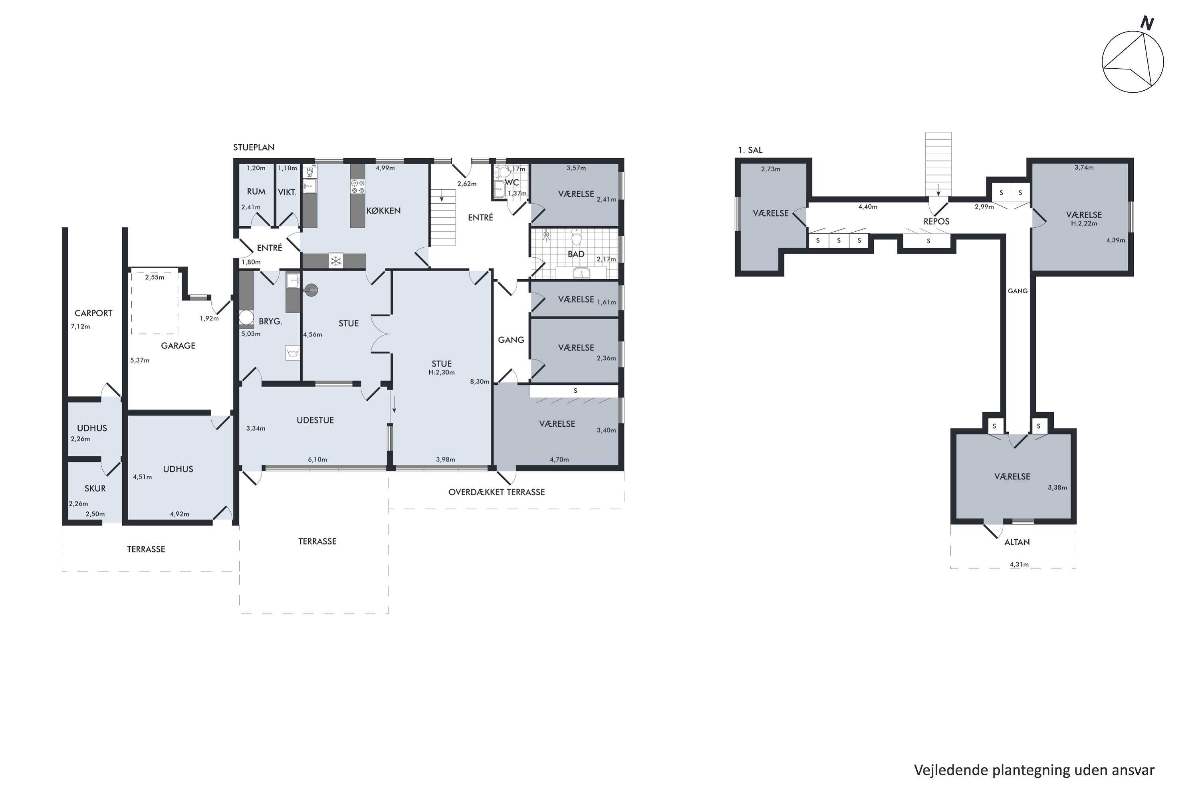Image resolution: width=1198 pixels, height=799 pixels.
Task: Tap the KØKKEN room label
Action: coord(383,211)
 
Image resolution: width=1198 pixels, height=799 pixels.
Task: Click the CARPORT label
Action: coord(93,313)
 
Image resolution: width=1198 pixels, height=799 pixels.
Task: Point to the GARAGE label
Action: coord(178,346)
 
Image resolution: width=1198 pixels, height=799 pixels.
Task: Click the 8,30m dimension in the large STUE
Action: coord(479,381)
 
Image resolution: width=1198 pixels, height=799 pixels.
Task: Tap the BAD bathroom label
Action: coord(576,254)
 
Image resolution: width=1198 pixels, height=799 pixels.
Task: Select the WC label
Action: coord(512,183)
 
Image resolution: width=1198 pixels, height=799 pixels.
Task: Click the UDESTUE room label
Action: coord(315,420)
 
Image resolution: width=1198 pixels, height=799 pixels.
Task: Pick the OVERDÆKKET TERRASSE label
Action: coord(497,492)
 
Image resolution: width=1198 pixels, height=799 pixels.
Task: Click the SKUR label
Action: coord(95,488)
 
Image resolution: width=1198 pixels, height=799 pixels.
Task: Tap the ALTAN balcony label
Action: coord(1017,542)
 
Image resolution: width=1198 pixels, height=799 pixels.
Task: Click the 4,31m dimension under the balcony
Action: coord(1019,564)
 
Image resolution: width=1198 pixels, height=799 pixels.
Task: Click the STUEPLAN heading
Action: coord(254,147)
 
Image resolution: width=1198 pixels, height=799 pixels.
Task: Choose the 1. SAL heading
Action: coord(750,150)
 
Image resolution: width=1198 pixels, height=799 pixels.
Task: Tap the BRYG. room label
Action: coord(270,321)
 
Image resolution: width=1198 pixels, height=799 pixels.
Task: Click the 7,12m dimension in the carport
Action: coord(81,326)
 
